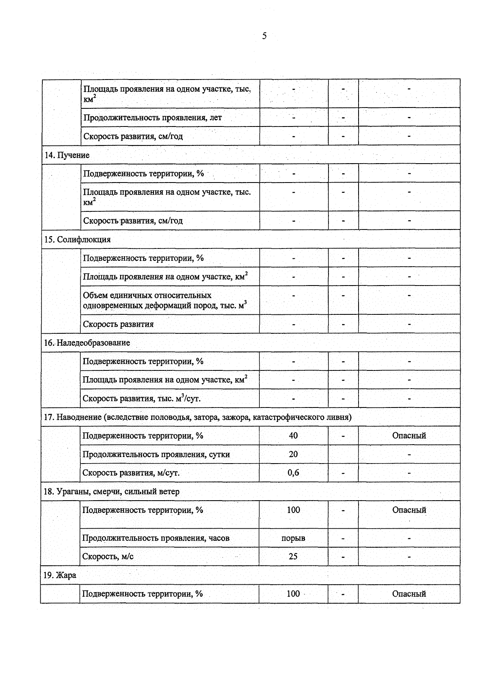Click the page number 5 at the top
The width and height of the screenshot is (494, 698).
[x=264, y=36]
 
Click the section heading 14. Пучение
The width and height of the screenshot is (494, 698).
[x=67, y=155]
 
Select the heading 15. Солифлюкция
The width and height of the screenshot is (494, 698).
[x=77, y=239]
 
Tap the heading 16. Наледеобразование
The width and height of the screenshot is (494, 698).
[x=87, y=343]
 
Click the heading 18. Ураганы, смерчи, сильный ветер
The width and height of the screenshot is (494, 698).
[x=112, y=492]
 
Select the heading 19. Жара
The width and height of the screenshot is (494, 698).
[x=60, y=575]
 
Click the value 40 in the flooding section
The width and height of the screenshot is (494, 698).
[x=294, y=436]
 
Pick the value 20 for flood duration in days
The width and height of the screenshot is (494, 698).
[x=294, y=454]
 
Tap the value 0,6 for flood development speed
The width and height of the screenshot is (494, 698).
[x=294, y=473]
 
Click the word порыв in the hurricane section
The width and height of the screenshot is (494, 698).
[x=294, y=538]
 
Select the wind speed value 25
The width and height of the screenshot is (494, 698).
[x=293, y=557]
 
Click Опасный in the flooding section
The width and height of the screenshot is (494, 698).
[x=409, y=436]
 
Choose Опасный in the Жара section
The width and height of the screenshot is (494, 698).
[x=409, y=594]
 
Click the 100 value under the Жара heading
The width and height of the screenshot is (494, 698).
[x=294, y=594]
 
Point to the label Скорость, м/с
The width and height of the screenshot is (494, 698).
[x=108, y=557]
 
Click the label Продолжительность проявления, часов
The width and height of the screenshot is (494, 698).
[x=156, y=538]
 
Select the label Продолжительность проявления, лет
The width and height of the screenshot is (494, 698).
[x=153, y=117]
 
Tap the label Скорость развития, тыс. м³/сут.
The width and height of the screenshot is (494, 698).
[x=142, y=398]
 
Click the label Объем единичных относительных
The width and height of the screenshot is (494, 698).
[x=147, y=295]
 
